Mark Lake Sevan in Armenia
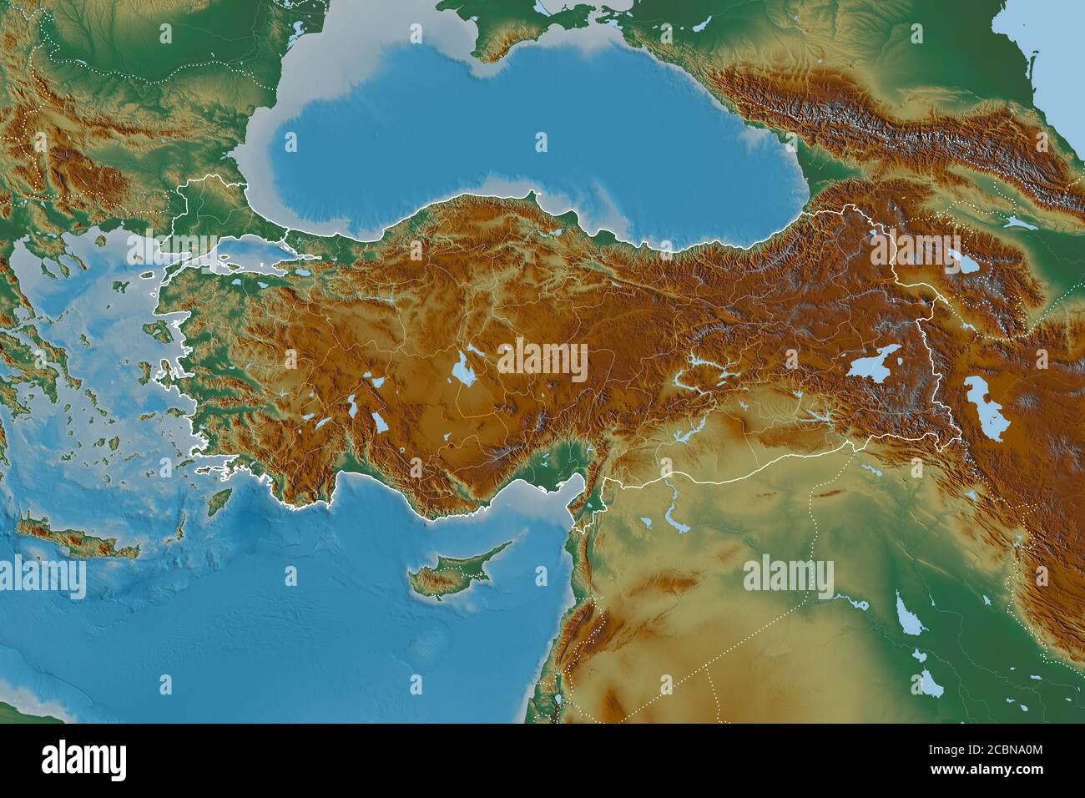click(x=968, y=265)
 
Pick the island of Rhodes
click(x=219, y=501)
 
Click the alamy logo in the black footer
click(x=83, y=760)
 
